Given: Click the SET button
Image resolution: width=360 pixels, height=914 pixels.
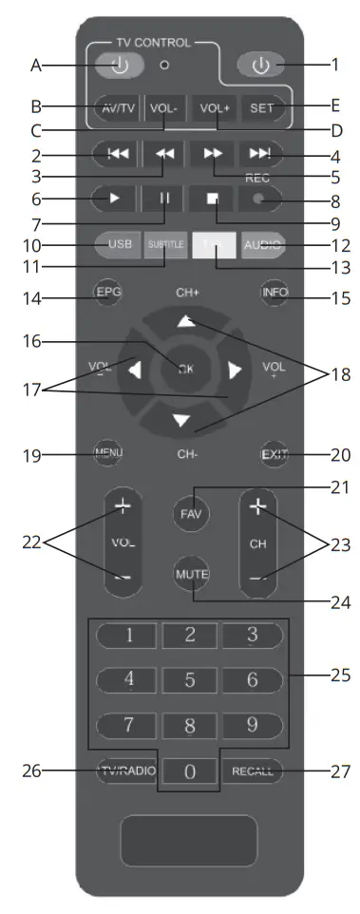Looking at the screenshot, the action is click(x=261, y=108).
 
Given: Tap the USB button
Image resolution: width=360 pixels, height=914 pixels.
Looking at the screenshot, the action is click(x=120, y=244).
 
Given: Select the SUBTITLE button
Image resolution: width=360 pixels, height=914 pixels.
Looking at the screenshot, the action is click(x=165, y=244).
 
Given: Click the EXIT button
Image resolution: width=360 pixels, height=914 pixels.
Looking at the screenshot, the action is click(x=275, y=453).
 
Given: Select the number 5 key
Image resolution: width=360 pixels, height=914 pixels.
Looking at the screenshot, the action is click(x=190, y=680).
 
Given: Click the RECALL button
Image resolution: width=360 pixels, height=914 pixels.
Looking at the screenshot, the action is click(x=253, y=771).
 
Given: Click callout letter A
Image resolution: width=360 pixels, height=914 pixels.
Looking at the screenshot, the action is click(x=37, y=66).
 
